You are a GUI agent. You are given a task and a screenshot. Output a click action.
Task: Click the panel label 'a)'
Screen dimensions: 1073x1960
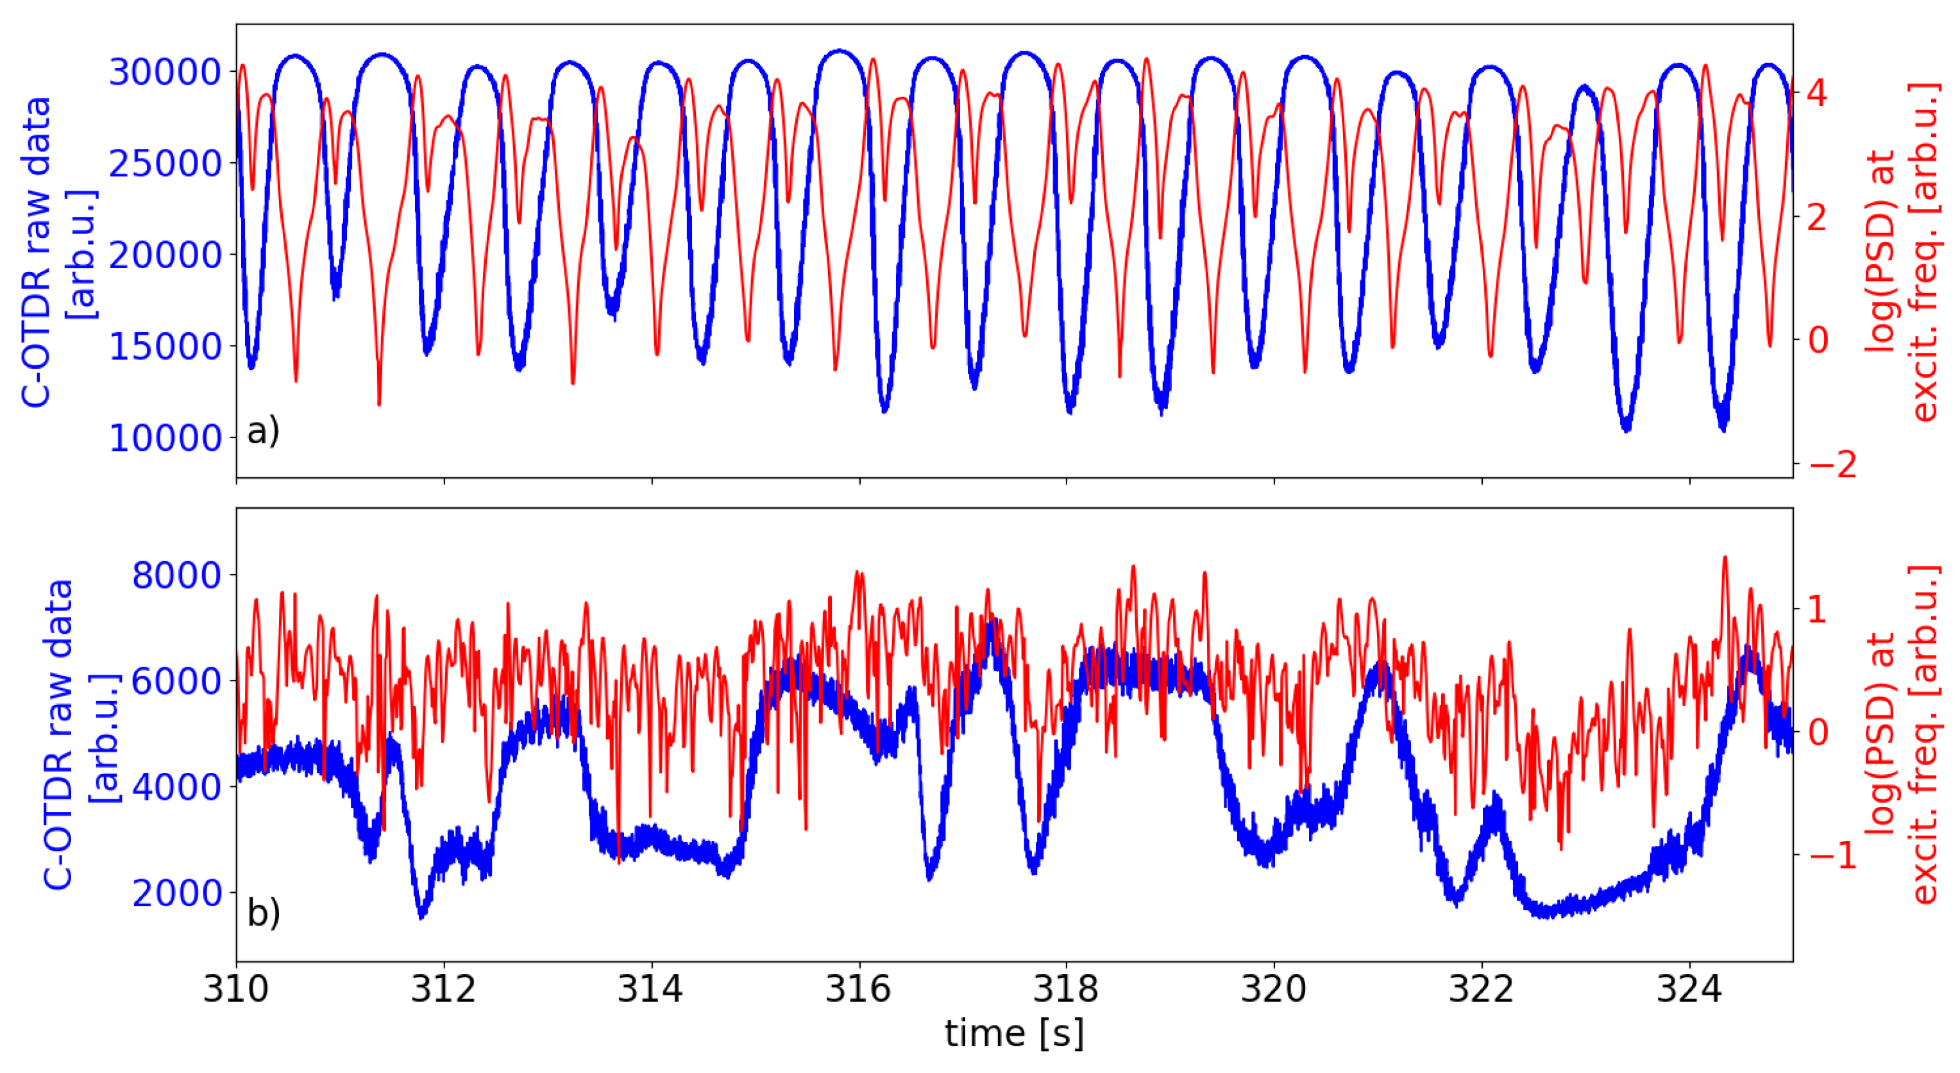pos(263,431)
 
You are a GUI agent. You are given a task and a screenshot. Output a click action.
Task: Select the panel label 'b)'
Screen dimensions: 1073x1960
pos(263,913)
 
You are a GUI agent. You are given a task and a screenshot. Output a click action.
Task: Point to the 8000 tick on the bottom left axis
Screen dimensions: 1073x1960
pos(176,575)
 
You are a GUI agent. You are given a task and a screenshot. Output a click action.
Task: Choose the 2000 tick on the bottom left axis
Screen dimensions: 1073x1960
pos(176,893)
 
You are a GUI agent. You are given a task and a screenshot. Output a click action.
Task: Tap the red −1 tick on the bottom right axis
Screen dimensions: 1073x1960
pos(1832,856)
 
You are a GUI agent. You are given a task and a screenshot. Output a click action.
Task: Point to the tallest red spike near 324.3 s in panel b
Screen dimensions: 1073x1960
pos(1724,558)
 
